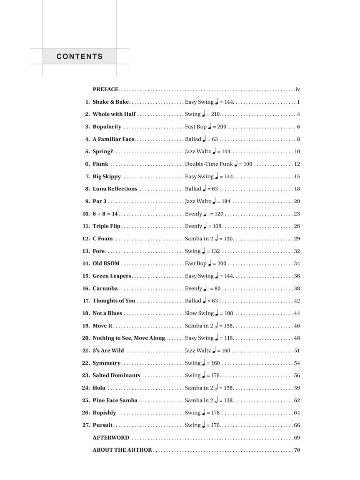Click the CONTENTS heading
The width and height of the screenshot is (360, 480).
[x=80, y=57]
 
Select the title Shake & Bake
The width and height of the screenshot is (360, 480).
[x=111, y=102]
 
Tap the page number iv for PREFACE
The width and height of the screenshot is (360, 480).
[x=297, y=90]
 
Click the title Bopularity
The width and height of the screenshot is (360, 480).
[x=107, y=127]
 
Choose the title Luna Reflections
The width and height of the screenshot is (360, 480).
[x=115, y=189]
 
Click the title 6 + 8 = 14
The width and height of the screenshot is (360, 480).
[x=105, y=214]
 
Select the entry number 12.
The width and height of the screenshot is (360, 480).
[x=86, y=239]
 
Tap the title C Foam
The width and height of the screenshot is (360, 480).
[x=103, y=239]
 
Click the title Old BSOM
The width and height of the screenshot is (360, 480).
[x=106, y=263]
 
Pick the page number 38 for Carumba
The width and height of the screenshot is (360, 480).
[x=297, y=288]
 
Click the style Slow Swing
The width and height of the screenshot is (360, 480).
[x=199, y=313]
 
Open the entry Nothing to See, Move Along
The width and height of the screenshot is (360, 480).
[x=129, y=338]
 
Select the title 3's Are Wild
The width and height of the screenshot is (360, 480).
[x=108, y=350]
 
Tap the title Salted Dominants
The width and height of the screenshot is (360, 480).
[x=116, y=375]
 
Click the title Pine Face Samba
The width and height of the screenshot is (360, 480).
[x=115, y=400]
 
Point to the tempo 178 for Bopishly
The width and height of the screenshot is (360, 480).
[x=216, y=413]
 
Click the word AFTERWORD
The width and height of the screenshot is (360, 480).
[x=111, y=438]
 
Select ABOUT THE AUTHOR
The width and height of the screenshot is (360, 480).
[x=122, y=450]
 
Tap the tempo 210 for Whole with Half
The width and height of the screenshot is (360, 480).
[x=216, y=115]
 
